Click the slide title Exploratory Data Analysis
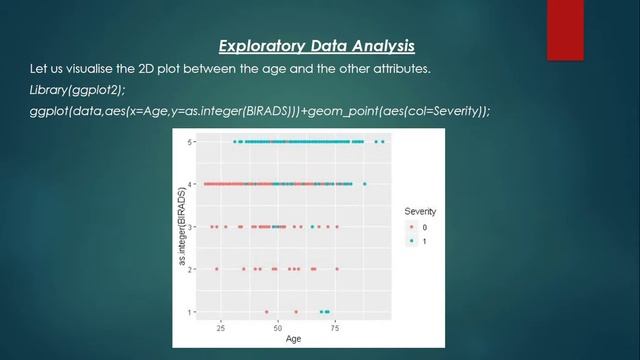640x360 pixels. [317, 46]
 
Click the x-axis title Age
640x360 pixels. [293, 338]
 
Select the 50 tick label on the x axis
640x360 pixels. [278, 326]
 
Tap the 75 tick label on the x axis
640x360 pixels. [336, 326]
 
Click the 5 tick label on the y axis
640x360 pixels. [190, 142]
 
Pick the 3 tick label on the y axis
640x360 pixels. [190, 227]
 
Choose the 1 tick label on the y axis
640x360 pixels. [190, 312]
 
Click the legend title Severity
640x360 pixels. [420, 212]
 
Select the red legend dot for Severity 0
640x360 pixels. [411, 227]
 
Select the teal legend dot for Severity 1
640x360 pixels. [411, 241]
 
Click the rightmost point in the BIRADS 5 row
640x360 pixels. [384, 142]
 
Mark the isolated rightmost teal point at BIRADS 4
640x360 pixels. [365, 184]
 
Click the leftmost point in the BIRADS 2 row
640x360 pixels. [217, 269]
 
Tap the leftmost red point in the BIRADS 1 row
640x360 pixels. [267, 312]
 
